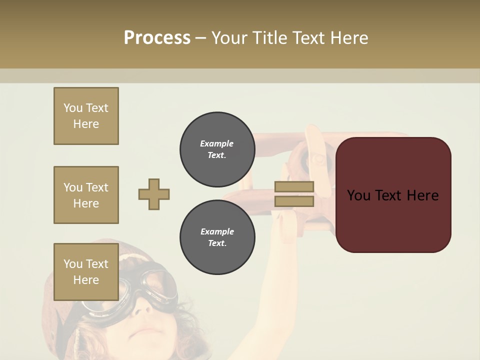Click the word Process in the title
click(157, 38)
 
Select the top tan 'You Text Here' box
click(86, 116)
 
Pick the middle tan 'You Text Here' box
click(86, 195)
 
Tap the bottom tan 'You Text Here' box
click(86, 272)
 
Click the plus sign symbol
click(154, 194)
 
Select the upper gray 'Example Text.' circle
click(217, 149)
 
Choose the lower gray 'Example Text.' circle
click(217, 237)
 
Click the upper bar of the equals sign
click(294, 186)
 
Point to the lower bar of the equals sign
click(294, 201)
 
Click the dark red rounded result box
click(393, 220)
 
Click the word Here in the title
click(348, 38)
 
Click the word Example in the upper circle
click(217, 143)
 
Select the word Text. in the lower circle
click(217, 243)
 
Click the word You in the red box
click(358, 195)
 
